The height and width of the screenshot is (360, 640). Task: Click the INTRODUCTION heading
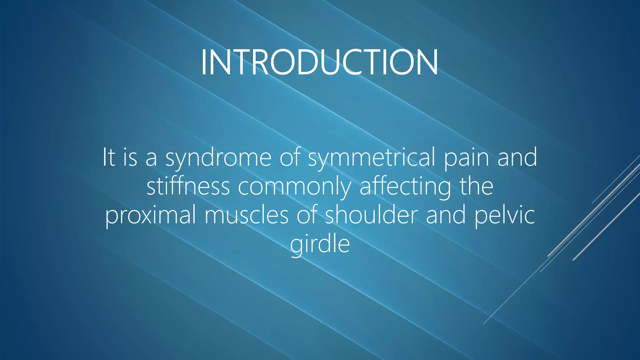click(319, 62)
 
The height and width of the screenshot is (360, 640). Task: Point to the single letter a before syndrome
click(151, 158)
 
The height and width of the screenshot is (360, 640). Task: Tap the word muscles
click(246, 215)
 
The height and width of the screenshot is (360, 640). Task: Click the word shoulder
click(371, 215)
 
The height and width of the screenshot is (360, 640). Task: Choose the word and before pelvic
click(446, 215)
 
